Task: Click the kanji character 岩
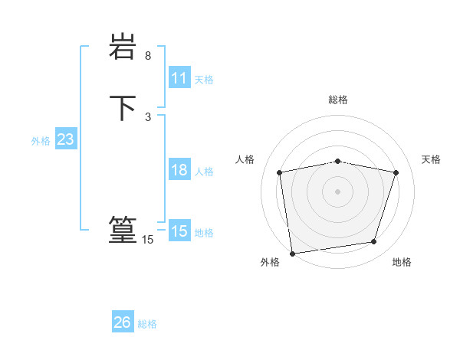click(123, 47)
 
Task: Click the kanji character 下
click(123, 107)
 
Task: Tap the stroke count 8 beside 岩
click(148, 56)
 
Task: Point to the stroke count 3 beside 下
click(148, 116)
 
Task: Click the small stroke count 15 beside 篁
click(147, 240)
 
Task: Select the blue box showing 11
click(179, 78)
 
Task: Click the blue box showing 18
click(179, 170)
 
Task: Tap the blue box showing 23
click(65, 139)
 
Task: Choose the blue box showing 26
click(123, 322)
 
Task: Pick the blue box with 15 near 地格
click(179, 231)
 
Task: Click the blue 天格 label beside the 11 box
click(204, 80)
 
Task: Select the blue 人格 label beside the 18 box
click(204, 172)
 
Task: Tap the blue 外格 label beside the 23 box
click(41, 141)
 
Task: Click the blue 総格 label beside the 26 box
click(147, 324)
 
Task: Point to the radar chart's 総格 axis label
click(338, 100)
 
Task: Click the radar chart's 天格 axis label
click(431, 159)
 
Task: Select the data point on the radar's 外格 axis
click(292, 253)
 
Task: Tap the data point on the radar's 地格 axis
click(374, 242)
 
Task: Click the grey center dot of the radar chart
click(338, 191)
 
